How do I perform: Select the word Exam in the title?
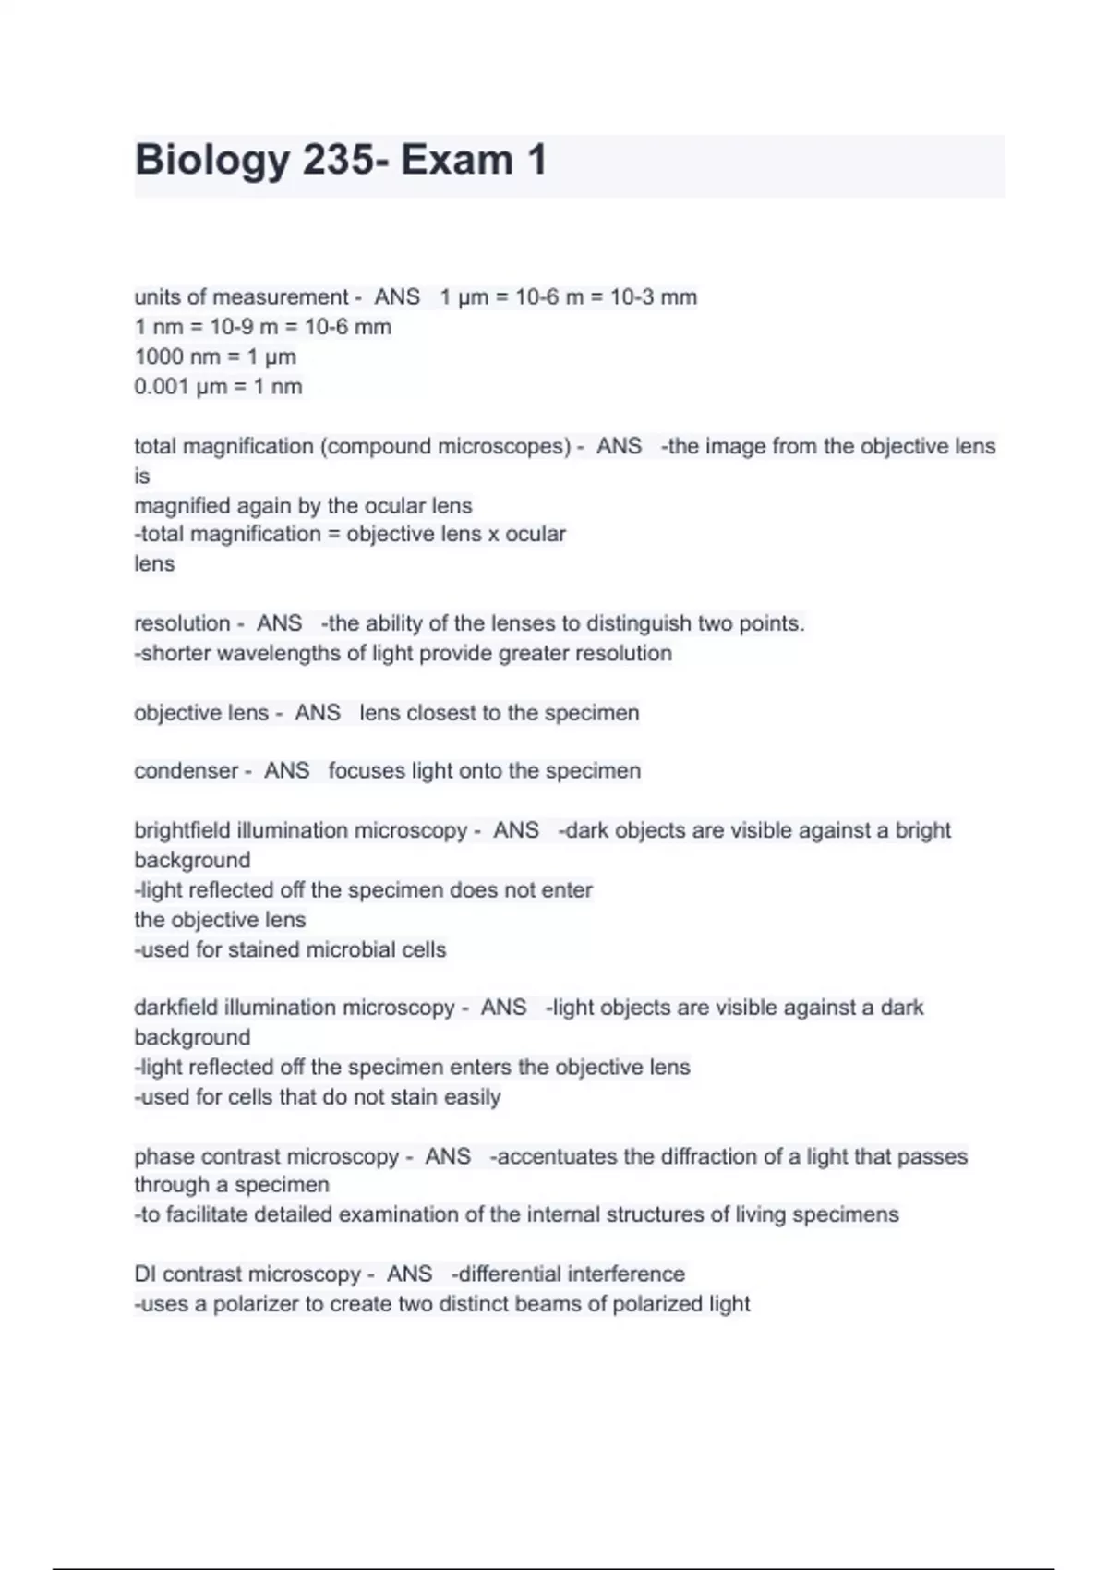click(456, 161)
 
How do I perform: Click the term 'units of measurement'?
click(241, 297)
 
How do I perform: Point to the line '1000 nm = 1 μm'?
click(215, 356)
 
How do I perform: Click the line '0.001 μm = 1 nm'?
click(218, 386)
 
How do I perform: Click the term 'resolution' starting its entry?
click(182, 623)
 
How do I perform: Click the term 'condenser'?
click(186, 771)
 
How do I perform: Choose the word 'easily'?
click(472, 1097)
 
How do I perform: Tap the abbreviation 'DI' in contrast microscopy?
click(145, 1274)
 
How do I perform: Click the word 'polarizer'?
click(256, 1304)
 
